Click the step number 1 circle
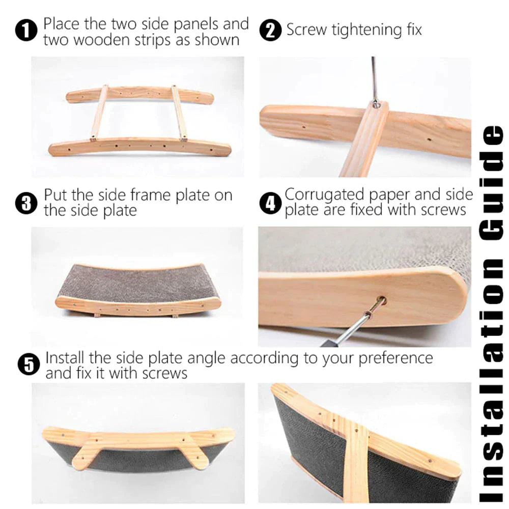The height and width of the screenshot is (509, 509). [x=26, y=30]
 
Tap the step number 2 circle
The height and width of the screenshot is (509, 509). [x=270, y=30]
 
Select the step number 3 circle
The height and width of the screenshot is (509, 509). [x=26, y=203]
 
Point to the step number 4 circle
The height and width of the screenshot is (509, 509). [x=270, y=203]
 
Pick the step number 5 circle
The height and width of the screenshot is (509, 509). [x=29, y=364]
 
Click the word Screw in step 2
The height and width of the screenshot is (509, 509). [x=306, y=30]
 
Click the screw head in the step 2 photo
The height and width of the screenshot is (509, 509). [x=376, y=104]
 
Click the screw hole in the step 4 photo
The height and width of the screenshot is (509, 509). [x=382, y=300]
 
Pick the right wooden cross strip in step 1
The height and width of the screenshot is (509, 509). [x=179, y=114]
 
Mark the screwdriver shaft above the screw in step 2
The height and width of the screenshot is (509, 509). [x=374, y=79]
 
